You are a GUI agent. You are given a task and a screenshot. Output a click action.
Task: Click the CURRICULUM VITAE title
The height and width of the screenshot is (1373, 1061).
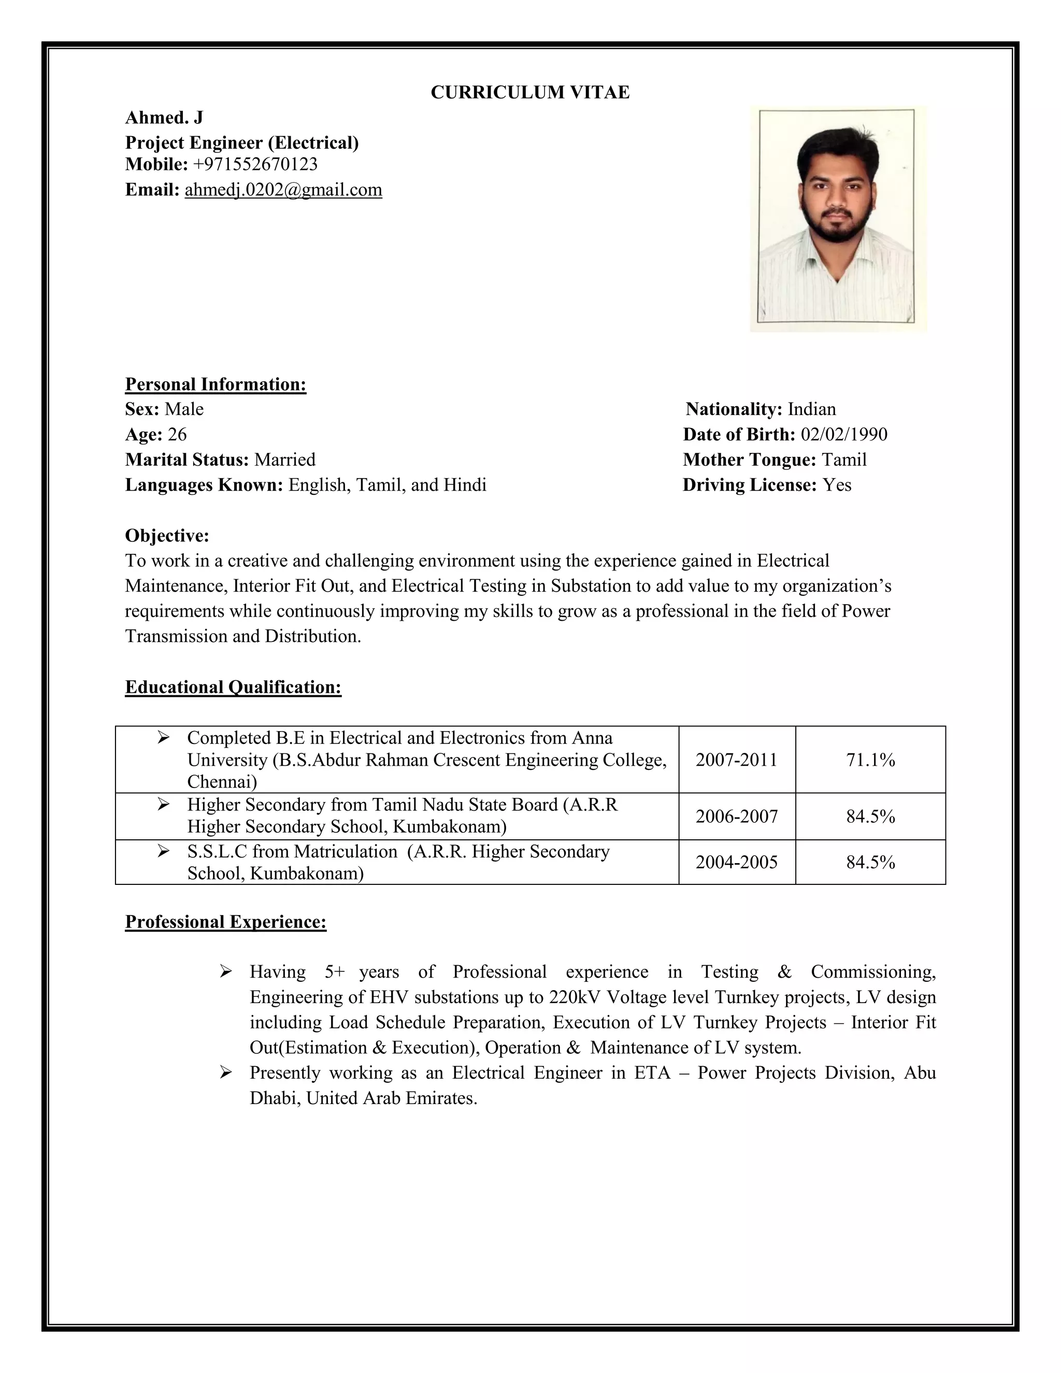530,92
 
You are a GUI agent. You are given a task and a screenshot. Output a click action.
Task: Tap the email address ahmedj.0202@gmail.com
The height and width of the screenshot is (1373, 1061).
283,190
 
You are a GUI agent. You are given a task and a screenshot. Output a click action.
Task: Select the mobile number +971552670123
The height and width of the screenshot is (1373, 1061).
255,164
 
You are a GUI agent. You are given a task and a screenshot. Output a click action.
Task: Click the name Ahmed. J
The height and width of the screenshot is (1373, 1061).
164,118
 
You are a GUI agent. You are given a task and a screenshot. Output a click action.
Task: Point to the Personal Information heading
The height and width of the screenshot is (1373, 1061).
216,384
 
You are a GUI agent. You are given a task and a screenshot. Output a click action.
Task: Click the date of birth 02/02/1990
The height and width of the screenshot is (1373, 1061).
843,434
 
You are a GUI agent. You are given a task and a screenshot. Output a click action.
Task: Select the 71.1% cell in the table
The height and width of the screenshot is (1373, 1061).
870,760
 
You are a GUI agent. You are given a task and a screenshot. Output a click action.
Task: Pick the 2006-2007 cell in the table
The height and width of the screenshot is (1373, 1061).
736,817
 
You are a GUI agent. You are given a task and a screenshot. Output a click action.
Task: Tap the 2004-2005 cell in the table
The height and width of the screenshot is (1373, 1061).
736,862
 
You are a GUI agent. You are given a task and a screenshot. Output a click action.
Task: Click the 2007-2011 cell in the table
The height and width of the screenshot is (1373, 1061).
736,760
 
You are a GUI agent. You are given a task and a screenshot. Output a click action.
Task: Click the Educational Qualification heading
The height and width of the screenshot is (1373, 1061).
233,687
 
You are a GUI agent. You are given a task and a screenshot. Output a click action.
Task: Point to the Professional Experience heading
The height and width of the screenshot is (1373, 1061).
226,922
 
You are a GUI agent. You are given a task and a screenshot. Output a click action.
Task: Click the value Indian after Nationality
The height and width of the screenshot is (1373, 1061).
811,409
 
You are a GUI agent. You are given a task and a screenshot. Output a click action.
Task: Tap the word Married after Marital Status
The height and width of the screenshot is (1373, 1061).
285,460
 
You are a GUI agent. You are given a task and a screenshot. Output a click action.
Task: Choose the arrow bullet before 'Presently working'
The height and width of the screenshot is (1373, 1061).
226,1072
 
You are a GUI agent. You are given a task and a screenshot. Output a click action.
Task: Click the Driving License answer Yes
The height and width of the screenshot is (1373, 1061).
837,485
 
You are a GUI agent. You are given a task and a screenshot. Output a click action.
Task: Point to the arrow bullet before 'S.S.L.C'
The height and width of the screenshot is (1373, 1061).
163,851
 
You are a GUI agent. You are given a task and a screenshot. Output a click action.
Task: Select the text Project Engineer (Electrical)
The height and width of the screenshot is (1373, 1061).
242,142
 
